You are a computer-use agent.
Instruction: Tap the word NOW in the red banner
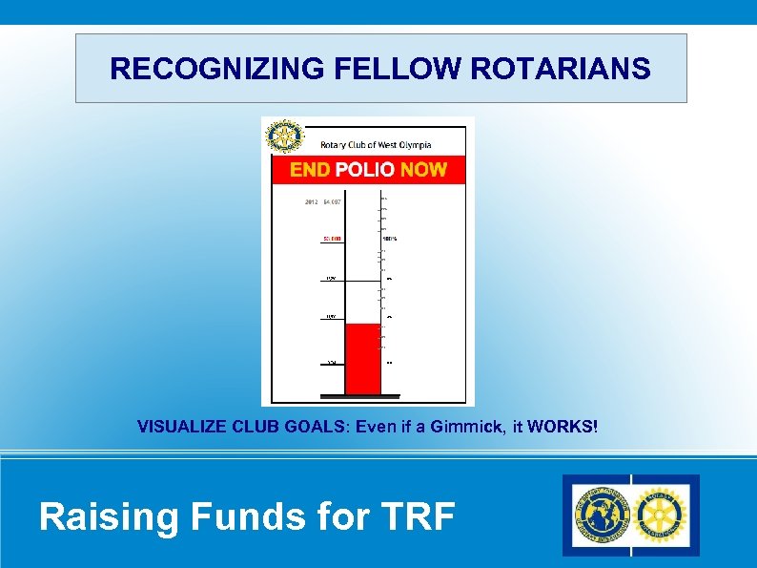[x=423, y=170]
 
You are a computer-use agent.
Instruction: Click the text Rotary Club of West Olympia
[x=376, y=145]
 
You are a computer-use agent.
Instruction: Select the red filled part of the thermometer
[x=362, y=358]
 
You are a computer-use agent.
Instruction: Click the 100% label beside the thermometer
[x=390, y=238]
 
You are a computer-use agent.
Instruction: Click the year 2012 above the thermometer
[x=312, y=201]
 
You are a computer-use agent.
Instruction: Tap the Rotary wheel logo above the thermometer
[x=283, y=137]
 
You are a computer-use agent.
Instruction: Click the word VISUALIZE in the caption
[x=194, y=427]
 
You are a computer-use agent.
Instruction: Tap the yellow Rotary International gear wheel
[x=661, y=515]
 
